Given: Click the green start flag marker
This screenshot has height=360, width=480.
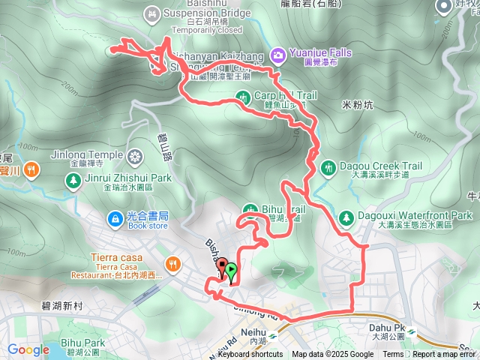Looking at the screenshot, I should pyautogui.click(x=232, y=272).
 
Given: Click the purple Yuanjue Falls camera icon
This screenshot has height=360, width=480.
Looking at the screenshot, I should pyautogui.click(x=278, y=54).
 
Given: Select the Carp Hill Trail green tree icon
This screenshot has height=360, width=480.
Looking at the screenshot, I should pyautogui.click(x=242, y=96).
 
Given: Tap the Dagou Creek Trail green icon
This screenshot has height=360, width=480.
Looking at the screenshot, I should pyautogui.click(x=327, y=166).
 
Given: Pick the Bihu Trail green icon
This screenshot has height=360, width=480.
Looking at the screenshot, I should pyautogui.click(x=250, y=209).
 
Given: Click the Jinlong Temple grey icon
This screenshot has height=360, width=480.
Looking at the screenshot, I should pyautogui.click(x=135, y=157).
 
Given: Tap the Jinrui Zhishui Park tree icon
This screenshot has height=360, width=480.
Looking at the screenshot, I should pyautogui.click(x=73, y=180).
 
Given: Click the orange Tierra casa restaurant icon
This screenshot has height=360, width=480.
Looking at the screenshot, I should pyautogui.click(x=173, y=263).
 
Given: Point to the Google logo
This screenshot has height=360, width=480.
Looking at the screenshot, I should pyautogui.click(x=28, y=349).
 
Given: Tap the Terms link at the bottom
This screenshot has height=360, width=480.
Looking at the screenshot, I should pyautogui.click(x=393, y=355).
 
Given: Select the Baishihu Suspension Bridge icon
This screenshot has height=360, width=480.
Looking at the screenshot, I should pyautogui.click(x=153, y=12).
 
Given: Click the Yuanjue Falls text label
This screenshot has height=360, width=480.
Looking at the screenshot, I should pyautogui.click(x=319, y=53).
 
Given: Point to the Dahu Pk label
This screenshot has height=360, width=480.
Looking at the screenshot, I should pyautogui.click(x=387, y=328).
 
